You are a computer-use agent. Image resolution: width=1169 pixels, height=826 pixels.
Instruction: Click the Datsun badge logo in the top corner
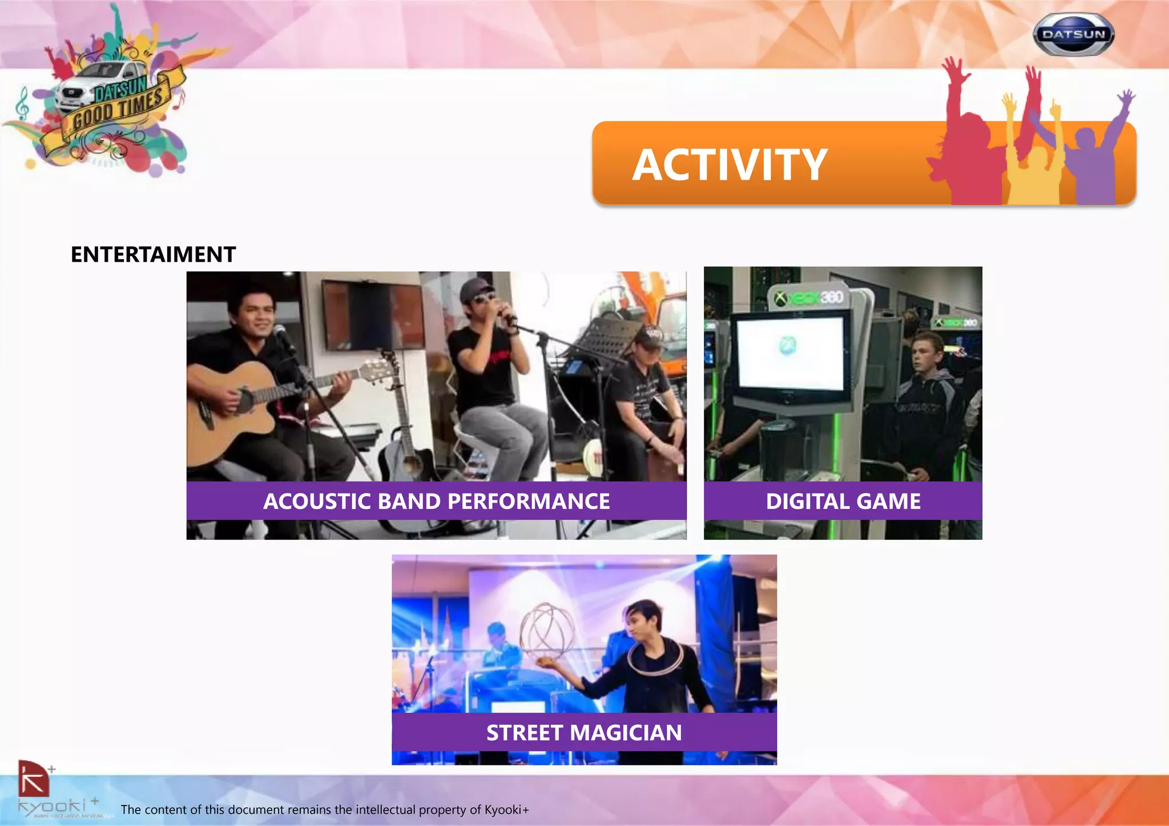[x=1073, y=34]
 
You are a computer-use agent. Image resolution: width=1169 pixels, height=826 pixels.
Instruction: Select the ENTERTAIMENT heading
[x=153, y=254]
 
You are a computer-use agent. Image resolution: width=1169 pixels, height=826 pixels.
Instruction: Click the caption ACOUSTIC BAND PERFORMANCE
[x=436, y=501]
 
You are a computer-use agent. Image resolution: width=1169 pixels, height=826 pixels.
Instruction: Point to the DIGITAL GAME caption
[x=843, y=501]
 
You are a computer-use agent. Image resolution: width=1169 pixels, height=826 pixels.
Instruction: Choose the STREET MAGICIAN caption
[x=584, y=732]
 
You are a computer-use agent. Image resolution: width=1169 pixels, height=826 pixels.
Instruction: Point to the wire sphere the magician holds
[x=547, y=630]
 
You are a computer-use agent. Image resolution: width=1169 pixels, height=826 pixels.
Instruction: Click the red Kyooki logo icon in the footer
[x=33, y=779]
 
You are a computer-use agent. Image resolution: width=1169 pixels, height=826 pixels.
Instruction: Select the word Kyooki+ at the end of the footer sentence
[x=506, y=809]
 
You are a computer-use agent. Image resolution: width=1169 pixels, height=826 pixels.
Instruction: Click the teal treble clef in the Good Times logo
[x=22, y=103]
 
